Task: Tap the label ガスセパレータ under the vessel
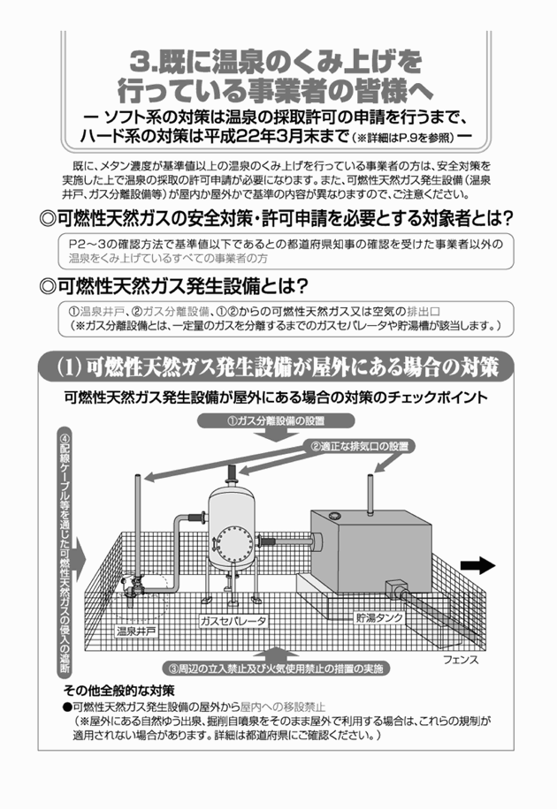point(233,621)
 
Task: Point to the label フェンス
point(460,659)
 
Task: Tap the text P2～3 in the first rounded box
point(87,244)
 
